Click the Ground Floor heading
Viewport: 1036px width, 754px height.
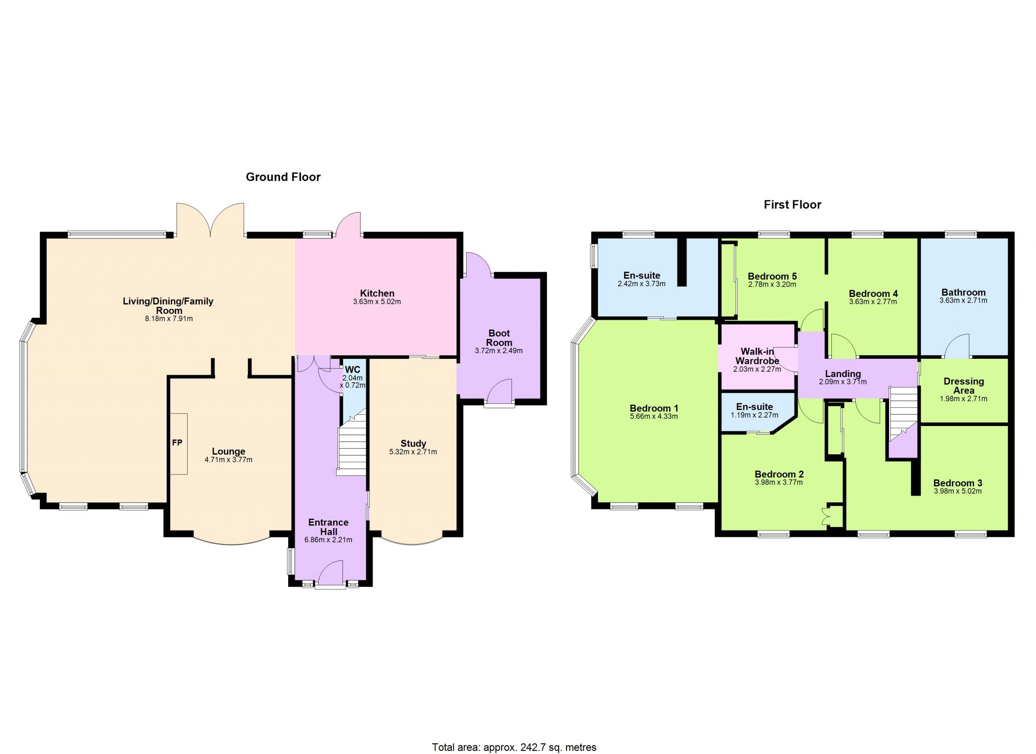coord(283,177)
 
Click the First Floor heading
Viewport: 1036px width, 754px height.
coord(792,205)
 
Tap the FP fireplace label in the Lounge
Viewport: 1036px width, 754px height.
coord(177,442)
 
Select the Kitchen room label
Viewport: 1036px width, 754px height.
coord(377,293)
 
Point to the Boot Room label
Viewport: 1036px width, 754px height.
coord(499,338)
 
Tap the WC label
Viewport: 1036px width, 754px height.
coord(352,370)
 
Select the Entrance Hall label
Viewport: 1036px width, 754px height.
coord(329,527)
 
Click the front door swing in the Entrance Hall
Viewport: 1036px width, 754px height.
coord(331,572)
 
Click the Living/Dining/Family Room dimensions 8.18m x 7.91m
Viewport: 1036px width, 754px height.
coord(169,319)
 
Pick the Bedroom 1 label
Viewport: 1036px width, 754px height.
coord(654,408)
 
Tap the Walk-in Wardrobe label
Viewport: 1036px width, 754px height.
coord(757,356)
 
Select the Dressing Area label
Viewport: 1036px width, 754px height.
coord(964,386)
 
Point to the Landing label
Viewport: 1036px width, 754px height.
coord(843,374)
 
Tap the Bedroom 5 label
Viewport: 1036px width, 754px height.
coord(772,276)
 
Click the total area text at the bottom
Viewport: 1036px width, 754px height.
coord(514,747)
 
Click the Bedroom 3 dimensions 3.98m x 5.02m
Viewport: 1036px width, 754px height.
coord(957,491)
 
